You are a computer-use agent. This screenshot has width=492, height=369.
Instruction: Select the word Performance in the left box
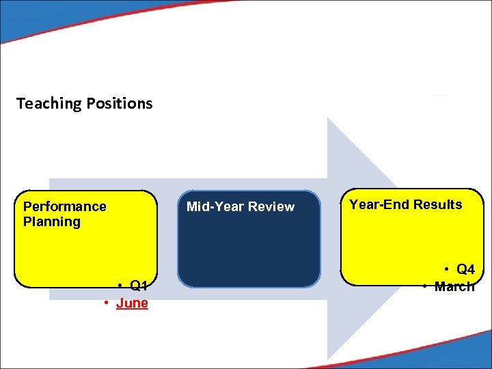coord(65,206)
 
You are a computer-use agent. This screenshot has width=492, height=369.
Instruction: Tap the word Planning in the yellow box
coord(52,221)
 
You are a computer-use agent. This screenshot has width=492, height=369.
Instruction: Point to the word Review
coord(271,206)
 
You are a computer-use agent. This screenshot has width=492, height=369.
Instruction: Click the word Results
coord(437,204)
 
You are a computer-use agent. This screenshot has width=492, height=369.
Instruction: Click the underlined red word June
coord(132,303)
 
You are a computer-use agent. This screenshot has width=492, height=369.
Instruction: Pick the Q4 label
coord(465,270)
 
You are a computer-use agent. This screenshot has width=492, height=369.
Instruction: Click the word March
coord(454,287)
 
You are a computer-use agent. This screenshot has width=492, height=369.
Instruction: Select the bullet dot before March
coord(425,287)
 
